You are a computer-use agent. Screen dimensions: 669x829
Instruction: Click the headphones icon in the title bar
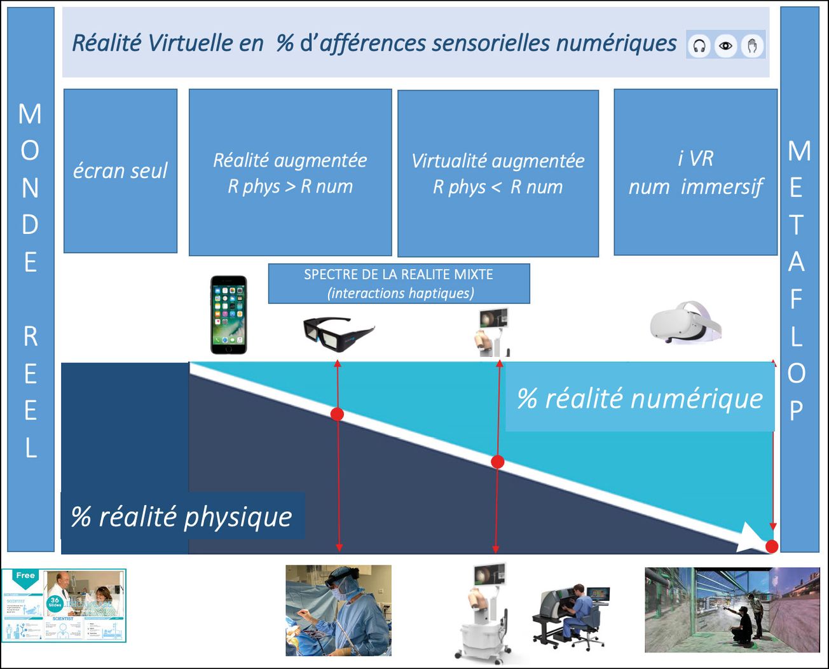coord(699,46)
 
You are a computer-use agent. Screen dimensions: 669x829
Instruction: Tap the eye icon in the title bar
coord(725,46)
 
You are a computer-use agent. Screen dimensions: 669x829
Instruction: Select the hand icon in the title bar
coord(752,46)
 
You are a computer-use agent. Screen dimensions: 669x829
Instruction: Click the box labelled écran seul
coord(120,170)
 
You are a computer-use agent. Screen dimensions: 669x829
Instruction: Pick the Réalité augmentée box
coord(290,172)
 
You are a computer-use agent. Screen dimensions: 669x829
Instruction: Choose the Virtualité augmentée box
coord(498,173)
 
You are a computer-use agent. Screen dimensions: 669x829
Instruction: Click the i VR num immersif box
coord(695,172)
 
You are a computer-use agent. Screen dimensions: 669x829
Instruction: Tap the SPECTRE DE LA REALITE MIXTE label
coord(399,284)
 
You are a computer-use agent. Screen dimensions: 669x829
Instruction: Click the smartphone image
coord(229,315)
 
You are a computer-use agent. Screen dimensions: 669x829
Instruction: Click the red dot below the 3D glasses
coord(338,415)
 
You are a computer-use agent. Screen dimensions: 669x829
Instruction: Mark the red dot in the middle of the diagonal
coord(498,462)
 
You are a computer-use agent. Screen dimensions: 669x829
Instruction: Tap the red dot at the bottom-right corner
coord(772,546)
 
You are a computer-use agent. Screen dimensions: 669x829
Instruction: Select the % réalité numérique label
coord(640,399)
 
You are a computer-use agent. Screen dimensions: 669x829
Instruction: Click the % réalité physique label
coord(182,516)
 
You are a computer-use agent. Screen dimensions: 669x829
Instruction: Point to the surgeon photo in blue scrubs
coord(338,610)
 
